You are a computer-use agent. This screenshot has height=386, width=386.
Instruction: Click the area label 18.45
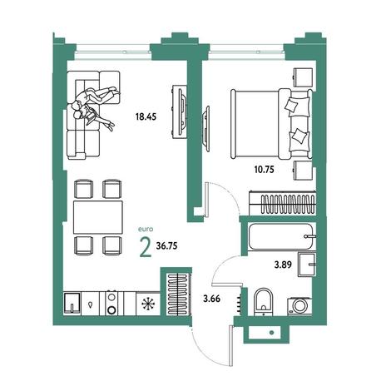point(146,116)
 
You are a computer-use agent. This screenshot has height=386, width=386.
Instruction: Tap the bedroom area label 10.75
point(265,169)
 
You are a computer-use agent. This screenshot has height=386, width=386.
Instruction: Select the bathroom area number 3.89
point(283,265)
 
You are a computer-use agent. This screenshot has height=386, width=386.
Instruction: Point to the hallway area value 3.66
point(211,299)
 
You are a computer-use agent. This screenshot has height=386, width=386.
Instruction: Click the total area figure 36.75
point(166,245)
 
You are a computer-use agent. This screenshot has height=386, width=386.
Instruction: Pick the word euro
point(146,230)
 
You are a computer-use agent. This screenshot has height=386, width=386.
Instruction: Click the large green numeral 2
point(146,247)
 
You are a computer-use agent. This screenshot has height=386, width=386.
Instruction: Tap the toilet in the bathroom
point(263,302)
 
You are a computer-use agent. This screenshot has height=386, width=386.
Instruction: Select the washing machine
point(299,306)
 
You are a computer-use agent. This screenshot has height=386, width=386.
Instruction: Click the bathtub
point(282,236)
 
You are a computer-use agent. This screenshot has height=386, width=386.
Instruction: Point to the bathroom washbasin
point(307,265)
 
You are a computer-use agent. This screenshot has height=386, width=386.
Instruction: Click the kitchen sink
point(72,303)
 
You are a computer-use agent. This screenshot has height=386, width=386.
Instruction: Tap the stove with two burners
point(111,303)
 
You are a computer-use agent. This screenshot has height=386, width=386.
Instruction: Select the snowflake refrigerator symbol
point(149,304)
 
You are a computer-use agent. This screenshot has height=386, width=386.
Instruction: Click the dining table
point(98,217)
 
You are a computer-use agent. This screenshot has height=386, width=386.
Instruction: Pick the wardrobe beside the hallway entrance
point(179,294)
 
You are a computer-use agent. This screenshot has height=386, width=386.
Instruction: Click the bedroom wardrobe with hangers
point(282,203)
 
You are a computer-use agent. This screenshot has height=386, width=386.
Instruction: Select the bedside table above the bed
point(303,77)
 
